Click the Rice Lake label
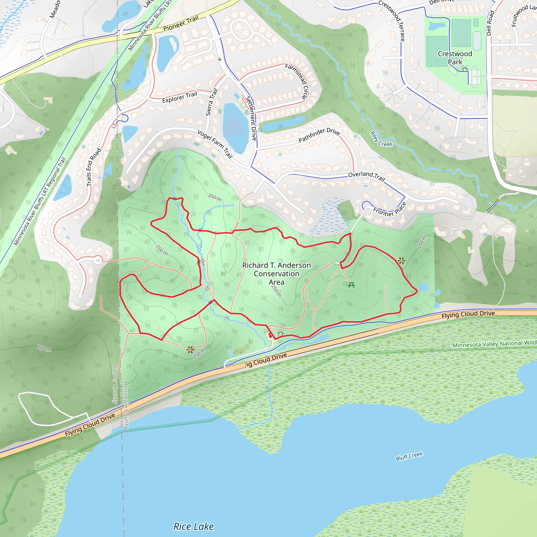coord(194,527)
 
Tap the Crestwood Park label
coord(455,58)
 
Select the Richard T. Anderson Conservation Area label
coord(276,273)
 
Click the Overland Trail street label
coord(366,176)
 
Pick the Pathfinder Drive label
coord(319,135)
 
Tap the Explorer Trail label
coord(179,97)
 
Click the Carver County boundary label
coord(115,384)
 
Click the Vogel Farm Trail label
coord(215,144)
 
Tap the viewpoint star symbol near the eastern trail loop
coord(401,260)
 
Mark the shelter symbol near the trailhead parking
coord(281,332)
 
